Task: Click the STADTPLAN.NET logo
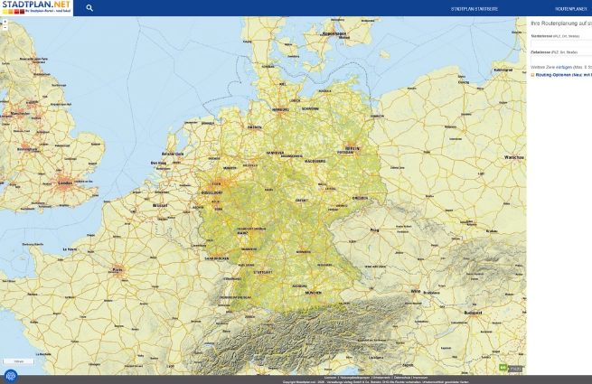(x=36, y=7)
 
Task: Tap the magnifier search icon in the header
(x=89, y=8)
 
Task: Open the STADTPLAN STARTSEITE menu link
(x=475, y=8)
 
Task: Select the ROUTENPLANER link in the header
(x=571, y=8)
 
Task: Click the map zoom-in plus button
(x=5, y=21)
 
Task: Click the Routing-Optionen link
(x=560, y=74)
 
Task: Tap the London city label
(x=64, y=184)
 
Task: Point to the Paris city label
(x=117, y=269)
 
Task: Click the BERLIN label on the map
(x=352, y=147)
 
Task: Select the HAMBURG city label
(x=280, y=110)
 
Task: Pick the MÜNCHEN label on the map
(x=313, y=293)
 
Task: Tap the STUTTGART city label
(x=262, y=271)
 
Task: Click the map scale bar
(x=18, y=361)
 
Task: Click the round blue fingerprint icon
(x=11, y=376)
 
